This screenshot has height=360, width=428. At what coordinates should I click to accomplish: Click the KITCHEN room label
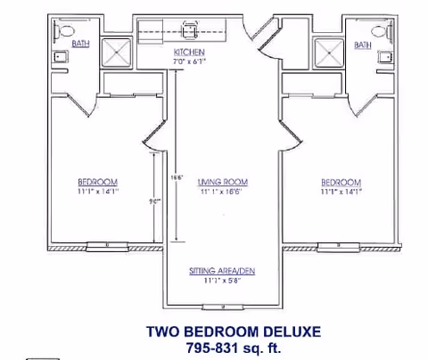(189, 53)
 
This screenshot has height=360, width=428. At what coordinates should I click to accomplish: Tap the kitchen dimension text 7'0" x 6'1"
(190, 62)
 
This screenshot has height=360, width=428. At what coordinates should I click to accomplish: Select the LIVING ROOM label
(222, 182)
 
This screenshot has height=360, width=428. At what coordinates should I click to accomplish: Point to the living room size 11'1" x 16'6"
(222, 192)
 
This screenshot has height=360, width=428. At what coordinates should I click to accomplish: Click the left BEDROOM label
(97, 182)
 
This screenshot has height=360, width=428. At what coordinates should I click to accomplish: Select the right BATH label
(362, 45)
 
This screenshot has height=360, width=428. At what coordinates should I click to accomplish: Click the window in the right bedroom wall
(340, 244)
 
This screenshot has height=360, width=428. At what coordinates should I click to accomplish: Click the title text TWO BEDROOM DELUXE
(233, 331)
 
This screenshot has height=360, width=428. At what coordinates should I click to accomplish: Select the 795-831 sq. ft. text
(233, 347)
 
